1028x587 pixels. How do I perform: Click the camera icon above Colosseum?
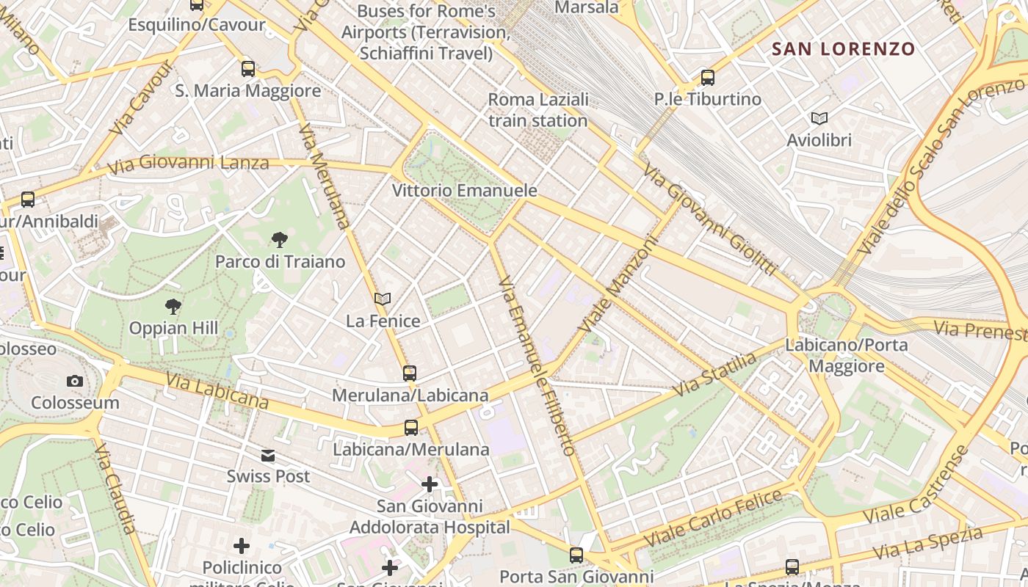(74, 381)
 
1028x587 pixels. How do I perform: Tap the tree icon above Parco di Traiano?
(279, 239)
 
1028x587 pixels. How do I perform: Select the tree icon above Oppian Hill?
(173, 306)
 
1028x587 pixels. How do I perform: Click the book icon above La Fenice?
(383, 299)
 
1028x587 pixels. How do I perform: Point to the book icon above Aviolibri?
(819, 118)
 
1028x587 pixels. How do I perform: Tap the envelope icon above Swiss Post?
(268, 456)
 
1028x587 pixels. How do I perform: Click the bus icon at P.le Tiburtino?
(707, 77)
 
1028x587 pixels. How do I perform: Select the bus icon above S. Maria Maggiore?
(248, 69)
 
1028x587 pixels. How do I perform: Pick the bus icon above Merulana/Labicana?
(410, 373)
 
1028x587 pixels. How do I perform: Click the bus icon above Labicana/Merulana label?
(411, 428)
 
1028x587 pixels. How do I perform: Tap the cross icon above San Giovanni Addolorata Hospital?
(430, 484)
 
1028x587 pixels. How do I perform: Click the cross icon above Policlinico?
(242, 546)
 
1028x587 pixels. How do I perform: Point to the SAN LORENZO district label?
(844, 49)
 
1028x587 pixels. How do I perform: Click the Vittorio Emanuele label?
(464, 191)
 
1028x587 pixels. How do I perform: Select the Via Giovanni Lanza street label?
(188, 163)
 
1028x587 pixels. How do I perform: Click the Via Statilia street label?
(714, 374)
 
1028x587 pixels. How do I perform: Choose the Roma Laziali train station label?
(538, 110)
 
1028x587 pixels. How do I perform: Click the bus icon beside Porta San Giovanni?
(576, 555)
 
